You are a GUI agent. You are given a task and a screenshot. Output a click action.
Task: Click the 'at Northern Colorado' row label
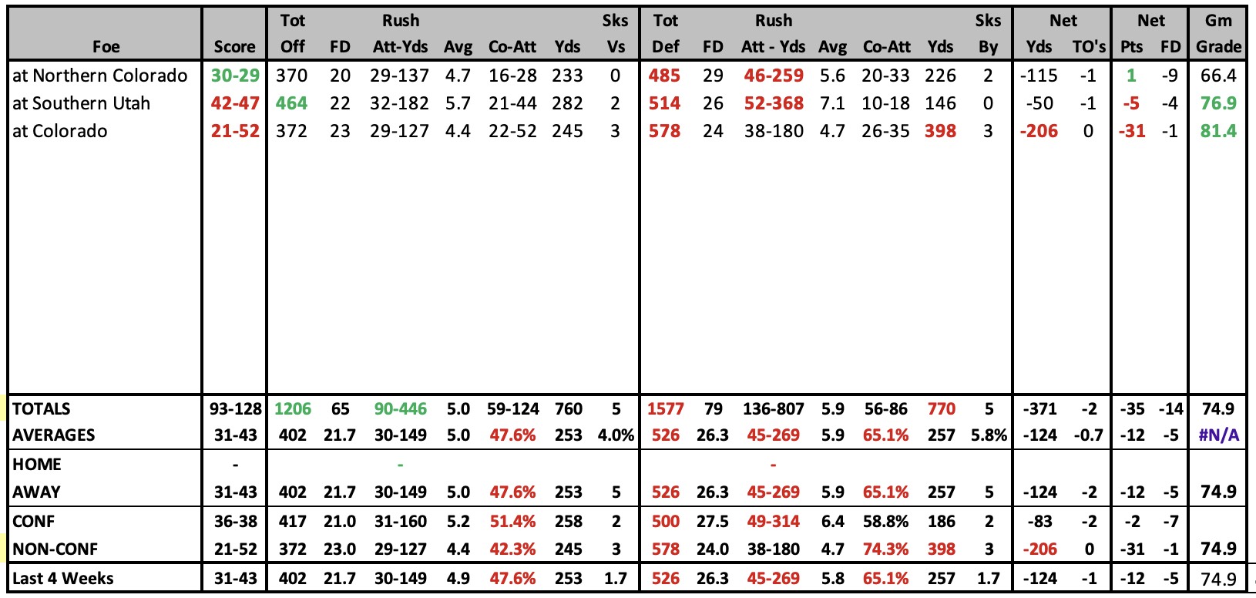[100, 76]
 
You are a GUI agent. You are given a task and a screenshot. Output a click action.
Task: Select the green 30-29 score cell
[235, 76]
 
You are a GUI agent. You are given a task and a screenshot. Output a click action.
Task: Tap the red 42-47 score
[235, 103]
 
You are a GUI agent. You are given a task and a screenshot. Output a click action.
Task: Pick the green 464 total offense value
[291, 103]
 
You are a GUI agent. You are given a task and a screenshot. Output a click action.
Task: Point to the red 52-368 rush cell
[774, 103]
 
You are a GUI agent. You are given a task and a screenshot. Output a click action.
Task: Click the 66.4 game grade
[1218, 76]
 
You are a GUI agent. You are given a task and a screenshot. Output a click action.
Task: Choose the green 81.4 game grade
[1218, 131]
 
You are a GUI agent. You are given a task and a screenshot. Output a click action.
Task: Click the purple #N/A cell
[1218, 435]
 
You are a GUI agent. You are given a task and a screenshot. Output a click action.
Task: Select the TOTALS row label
[42, 409]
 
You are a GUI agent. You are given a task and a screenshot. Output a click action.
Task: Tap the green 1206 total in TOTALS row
[292, 409]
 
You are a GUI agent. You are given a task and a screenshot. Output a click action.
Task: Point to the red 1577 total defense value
[666, 409]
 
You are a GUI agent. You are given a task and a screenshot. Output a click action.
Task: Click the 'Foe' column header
[106, 46]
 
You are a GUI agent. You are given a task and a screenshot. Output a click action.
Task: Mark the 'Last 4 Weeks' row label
[63, 579]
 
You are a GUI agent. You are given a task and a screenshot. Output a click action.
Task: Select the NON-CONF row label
[55, 549]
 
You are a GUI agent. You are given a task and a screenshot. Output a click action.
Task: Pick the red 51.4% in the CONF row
[512, 522]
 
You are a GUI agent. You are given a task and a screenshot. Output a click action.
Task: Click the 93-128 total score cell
[236, 409]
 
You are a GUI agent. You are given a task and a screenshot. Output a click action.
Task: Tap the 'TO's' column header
[1089, 46]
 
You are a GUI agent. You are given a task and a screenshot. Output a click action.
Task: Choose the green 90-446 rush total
[401, 409]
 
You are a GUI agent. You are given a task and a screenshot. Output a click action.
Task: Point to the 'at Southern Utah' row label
[82, 103]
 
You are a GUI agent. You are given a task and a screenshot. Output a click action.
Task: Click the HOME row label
[37, 465]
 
